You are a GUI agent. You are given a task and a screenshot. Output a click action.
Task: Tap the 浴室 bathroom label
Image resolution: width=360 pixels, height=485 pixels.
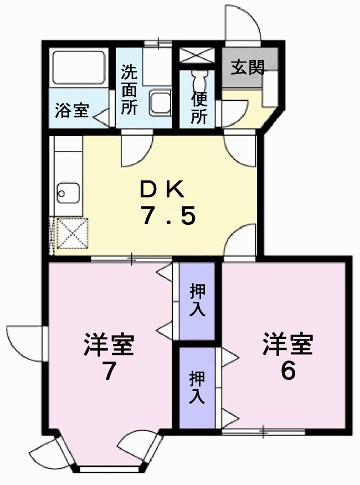click(x=71, y=110)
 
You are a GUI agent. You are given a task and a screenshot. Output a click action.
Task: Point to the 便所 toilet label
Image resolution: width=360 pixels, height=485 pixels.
click(x=200, y=109)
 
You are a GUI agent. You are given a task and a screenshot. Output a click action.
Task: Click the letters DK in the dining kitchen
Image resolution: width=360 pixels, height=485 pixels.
click(x=161, y=190)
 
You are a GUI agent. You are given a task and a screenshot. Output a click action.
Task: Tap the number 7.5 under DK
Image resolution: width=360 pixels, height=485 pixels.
click(x=168, y=216)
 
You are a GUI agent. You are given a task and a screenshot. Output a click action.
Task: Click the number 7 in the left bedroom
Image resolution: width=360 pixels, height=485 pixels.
click(x=109, y=373)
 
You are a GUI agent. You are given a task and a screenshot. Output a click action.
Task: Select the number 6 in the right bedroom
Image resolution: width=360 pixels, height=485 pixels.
click(x=287, y=372)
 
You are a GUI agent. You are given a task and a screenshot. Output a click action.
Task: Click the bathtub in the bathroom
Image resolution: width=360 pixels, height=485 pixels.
click(x=78, y=68)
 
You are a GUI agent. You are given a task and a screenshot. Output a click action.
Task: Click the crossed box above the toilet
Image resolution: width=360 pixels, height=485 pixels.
click(x=198, y=55)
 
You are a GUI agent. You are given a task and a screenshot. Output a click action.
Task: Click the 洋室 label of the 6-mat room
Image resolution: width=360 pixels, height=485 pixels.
click(x=287, y=344)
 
